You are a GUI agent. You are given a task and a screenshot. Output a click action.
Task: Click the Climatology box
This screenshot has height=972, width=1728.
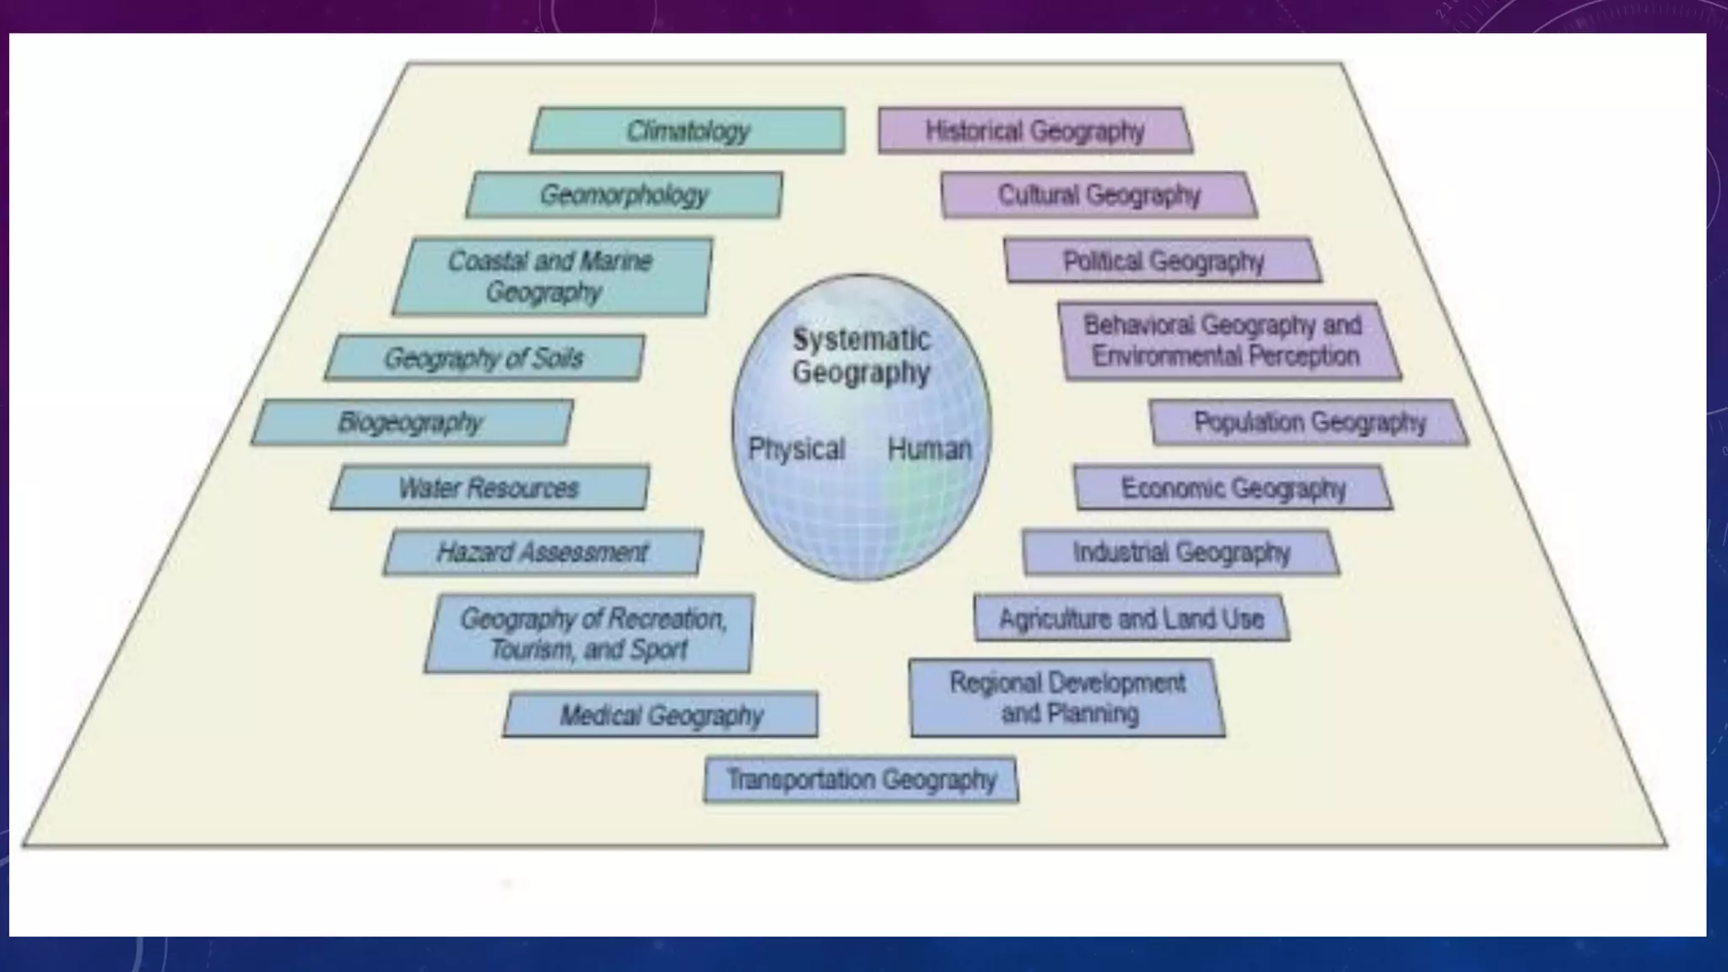[688, 131]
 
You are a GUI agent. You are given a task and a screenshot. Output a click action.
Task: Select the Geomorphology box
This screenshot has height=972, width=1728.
[624, 195]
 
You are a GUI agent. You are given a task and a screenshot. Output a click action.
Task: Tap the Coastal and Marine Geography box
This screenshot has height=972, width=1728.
[552, 277]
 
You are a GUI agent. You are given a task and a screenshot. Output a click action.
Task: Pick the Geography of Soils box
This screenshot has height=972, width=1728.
[484, 358]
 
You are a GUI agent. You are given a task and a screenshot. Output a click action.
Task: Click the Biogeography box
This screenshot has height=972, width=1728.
[412, 422]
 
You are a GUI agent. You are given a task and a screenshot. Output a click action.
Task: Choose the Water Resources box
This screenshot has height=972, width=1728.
[489, 488]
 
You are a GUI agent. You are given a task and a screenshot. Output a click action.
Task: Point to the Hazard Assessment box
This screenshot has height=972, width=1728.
[543, 553]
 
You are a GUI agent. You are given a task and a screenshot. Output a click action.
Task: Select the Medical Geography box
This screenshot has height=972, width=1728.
[661, 715]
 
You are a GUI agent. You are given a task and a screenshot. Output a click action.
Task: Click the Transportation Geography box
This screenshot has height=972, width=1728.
[861, 780]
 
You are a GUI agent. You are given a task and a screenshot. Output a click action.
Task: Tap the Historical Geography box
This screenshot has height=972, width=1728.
[1035, 131]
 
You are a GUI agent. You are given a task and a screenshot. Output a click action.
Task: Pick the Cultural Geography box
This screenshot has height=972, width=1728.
[1099, 195]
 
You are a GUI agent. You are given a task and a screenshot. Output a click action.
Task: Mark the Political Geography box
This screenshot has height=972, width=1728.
[1163, 261]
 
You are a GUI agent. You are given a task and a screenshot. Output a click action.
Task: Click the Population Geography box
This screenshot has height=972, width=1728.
[1309, 422]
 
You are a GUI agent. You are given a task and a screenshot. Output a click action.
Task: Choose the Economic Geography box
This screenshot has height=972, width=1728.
[1233, 488]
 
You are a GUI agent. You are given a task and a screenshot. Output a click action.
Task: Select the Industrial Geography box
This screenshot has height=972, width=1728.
[1181, 553]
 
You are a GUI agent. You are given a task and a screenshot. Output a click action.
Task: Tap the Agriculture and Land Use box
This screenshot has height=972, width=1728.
[1131, 618]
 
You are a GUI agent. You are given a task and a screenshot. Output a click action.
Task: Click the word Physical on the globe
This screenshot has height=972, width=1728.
[796, 449]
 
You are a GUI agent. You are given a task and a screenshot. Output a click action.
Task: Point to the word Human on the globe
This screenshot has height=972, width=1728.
[929, 449]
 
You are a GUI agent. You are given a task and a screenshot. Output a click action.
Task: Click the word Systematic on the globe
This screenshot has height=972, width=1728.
[861, 339]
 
